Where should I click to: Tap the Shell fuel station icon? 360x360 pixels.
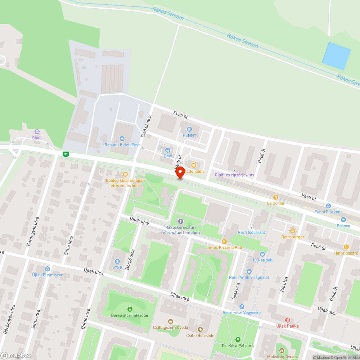click(37, 132)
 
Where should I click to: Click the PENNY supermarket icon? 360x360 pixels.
click(189, 129)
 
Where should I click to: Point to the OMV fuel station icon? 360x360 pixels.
click(168, 150)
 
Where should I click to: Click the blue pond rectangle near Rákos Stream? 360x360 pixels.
click(336, 56)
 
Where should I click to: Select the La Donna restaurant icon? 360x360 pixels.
click(276, 197)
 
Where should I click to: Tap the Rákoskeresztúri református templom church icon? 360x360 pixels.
click(180, 221)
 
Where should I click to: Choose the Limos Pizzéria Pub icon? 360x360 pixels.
click(224, 242)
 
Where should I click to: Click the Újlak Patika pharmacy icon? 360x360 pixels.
click(287, 320)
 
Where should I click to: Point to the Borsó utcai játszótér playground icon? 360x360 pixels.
click(130, 309)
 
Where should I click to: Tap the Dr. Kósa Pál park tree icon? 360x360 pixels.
click(238, 339)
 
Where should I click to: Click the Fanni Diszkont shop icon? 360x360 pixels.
click(328, 206)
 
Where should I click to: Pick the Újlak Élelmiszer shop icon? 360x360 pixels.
click(47, 269)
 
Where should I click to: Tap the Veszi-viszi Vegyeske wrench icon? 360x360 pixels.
click(242, 307)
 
